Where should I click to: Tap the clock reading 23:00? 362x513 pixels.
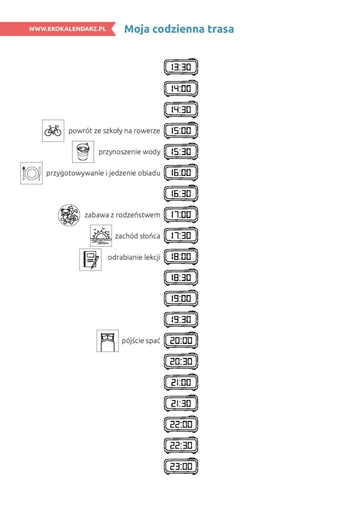pos(181,466)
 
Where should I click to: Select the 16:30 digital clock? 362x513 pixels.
pos(181,193)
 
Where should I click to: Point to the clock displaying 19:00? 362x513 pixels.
pos(181,298)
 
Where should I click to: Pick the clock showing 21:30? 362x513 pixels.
pos(181,403)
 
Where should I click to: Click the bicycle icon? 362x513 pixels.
pos(53,131)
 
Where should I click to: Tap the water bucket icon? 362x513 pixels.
pos(83,151)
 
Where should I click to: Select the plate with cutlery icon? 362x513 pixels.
pos(31,173)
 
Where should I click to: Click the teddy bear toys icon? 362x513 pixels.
pos(69,215)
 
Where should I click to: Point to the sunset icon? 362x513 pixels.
pos(101,235)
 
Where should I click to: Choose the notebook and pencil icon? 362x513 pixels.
pos(90,260)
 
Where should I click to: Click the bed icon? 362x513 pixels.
pos(107,341)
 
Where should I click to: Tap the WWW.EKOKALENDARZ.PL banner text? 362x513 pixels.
pos(67,29)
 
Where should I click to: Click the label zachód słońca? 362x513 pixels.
pos(137,236)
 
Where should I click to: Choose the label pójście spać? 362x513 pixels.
pos(141,341)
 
